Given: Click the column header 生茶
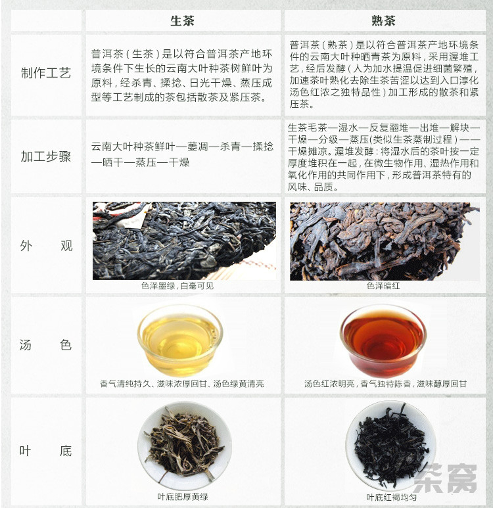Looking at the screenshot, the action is pyautogui.click(x=183, y=21).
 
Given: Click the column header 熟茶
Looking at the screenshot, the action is pyautogui.click(x=384, y=21).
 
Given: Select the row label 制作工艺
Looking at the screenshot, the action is pyautogui.click(x=46, y=73).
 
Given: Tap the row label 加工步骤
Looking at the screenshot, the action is pyautogui.click(x=46, y=156).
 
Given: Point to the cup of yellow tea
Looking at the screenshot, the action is pyautogui.click(x=180, y=340).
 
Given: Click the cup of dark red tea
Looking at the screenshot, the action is pyautogui.click(x=383, y=341).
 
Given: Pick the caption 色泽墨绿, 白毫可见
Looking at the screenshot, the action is pyautogui.click(x=177, y=286).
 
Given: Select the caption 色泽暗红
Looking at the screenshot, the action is pyautogui.click(x=383, y=286).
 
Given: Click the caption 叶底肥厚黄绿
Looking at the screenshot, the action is pyautogui.click(x=183, y=497).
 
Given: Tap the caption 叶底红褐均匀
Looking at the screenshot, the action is pyautogui.click(x=392, y=497).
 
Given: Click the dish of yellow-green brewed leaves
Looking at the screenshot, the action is pyautogui.click(x=185, y=446).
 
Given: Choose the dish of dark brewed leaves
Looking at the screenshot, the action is pyautogui.click(x=391, y=446).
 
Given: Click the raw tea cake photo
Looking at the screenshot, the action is pyautogui.click(x=185, y=241).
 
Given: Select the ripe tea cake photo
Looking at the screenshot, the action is pyautogui.click(x=385, y=241).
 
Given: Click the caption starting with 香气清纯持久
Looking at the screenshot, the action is pyautogui.click(x=182, y=384).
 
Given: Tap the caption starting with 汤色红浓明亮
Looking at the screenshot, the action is pyautogui.click(x=385, y=384).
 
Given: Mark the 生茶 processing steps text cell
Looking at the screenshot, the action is pyautogui.click(x=183, y=154).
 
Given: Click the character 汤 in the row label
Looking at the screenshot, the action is pyautogui.click(x=26, y=345).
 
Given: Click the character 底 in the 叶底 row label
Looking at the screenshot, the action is pyautogui.click(x=66, y=451).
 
